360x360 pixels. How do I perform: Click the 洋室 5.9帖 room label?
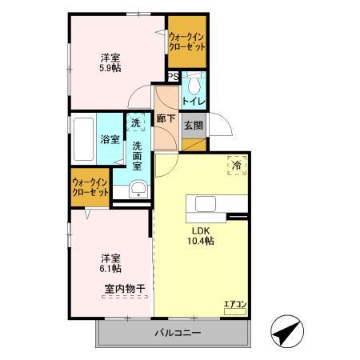[x=111, y=63]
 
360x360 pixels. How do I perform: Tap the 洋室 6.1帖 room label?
[x=111, y=264]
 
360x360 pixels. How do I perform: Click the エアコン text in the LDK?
[x=234, y=304]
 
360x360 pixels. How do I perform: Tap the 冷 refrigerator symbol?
[x=237, y=165]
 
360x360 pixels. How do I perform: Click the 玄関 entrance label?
[x=194, y=126]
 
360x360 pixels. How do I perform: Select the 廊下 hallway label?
[x=166, y=118]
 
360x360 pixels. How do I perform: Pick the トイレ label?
[x=194, y=102]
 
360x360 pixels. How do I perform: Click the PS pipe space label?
[x=173, y=78]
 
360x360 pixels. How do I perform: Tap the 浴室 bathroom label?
[x=110, y=139]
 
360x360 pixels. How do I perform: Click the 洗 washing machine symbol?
[x=137, y=123]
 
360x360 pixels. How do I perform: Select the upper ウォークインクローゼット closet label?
[x=187, y=41]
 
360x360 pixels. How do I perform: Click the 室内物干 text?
[x=124, y=288]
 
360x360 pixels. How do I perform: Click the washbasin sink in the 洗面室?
[x=138, y=189]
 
